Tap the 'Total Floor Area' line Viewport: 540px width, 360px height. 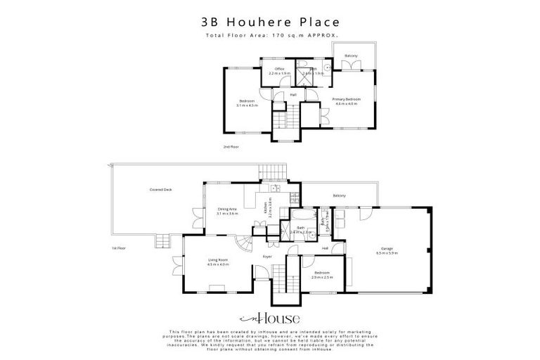coord(271,35)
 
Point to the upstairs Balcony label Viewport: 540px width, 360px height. coord(351,56)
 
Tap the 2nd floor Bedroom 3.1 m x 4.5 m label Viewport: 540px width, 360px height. coord(247,103)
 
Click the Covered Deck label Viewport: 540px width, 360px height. coord(160,190)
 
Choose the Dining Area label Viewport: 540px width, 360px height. coord(228,211)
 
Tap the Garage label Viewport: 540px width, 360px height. coord(387,250)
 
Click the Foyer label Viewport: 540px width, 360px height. coord(267,257)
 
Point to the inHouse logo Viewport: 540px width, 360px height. coord(270,316)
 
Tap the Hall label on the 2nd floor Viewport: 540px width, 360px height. coord(293,94)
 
